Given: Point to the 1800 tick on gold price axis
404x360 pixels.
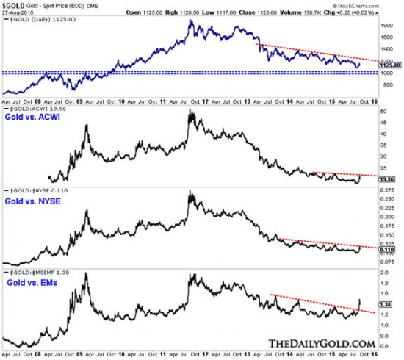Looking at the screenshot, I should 383,24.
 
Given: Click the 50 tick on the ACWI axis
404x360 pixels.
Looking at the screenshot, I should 382,110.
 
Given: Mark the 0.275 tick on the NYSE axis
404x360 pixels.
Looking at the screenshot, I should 386,190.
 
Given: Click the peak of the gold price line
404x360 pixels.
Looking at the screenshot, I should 192,20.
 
